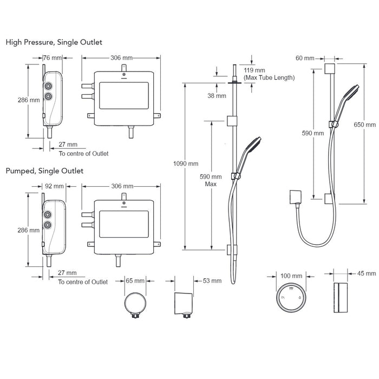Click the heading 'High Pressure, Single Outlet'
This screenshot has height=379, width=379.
(x=54, y=42)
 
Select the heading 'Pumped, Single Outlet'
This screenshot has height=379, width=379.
(x=44, y=171)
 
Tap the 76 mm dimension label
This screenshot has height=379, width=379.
(x=53, y=58)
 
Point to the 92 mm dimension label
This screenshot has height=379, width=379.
(x=54, y=186)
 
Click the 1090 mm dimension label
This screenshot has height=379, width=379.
(x=186, y=164)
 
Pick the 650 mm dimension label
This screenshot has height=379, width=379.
(x=365, y=125)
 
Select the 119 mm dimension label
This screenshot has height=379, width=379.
(x=254, y=70)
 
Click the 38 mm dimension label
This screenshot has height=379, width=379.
(x=217, y=96)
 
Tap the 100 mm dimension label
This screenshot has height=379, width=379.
(x=291, y=276)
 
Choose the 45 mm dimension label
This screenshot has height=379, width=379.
(x=367, y=273)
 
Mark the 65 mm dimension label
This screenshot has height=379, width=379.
(x=135, y=280)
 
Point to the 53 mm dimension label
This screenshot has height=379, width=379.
(x=212, y=281)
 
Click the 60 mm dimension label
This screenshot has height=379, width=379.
(x=305, y=58)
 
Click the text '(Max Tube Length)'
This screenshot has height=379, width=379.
(x=269, y=77)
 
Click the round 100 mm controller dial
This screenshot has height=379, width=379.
(x=291, y=297)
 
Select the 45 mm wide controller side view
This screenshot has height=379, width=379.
(x=341, y=297)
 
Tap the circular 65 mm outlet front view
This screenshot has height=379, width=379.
(x=135, y=304)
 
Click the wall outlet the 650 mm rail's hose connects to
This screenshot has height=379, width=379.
(x=296, y=197)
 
